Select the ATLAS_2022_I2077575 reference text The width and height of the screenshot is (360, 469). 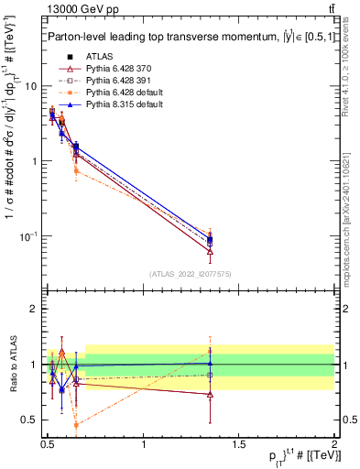pyautogui.click(x=189, y=273)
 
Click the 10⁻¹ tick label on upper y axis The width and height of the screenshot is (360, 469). pyautogui.click(x=29, y=236)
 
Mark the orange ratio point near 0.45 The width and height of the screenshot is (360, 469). pyautogui.click(x=76, y=425)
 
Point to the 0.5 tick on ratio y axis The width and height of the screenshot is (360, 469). pyautogui.click(x=29, y=420)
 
